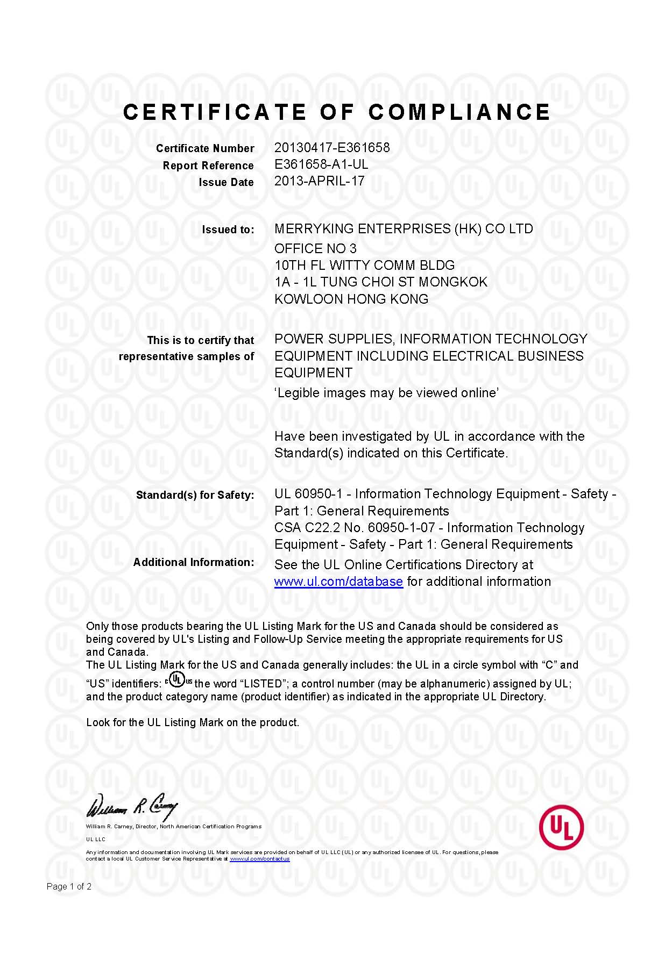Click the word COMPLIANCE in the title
coord(459,112)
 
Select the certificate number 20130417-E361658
coord(331,147)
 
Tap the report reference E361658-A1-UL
coord(321,164)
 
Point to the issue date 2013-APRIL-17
coord(319,181)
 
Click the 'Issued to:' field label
coord(228,230)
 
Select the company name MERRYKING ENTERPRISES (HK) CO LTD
coord(404,229)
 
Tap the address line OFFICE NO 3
coord(315,248)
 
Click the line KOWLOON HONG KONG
coord(351,299)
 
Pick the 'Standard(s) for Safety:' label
coord(195,495)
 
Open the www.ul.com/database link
coord(338,582)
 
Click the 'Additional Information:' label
coord(194,562)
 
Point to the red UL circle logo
coord(561,828)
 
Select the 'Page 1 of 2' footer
coord(69,886)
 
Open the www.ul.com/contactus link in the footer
coord(259,858)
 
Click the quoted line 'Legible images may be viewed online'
coord(386,393)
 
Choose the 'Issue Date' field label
coord(226,182)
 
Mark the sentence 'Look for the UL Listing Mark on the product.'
coord(193,722)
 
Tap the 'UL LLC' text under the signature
coord(96,839)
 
